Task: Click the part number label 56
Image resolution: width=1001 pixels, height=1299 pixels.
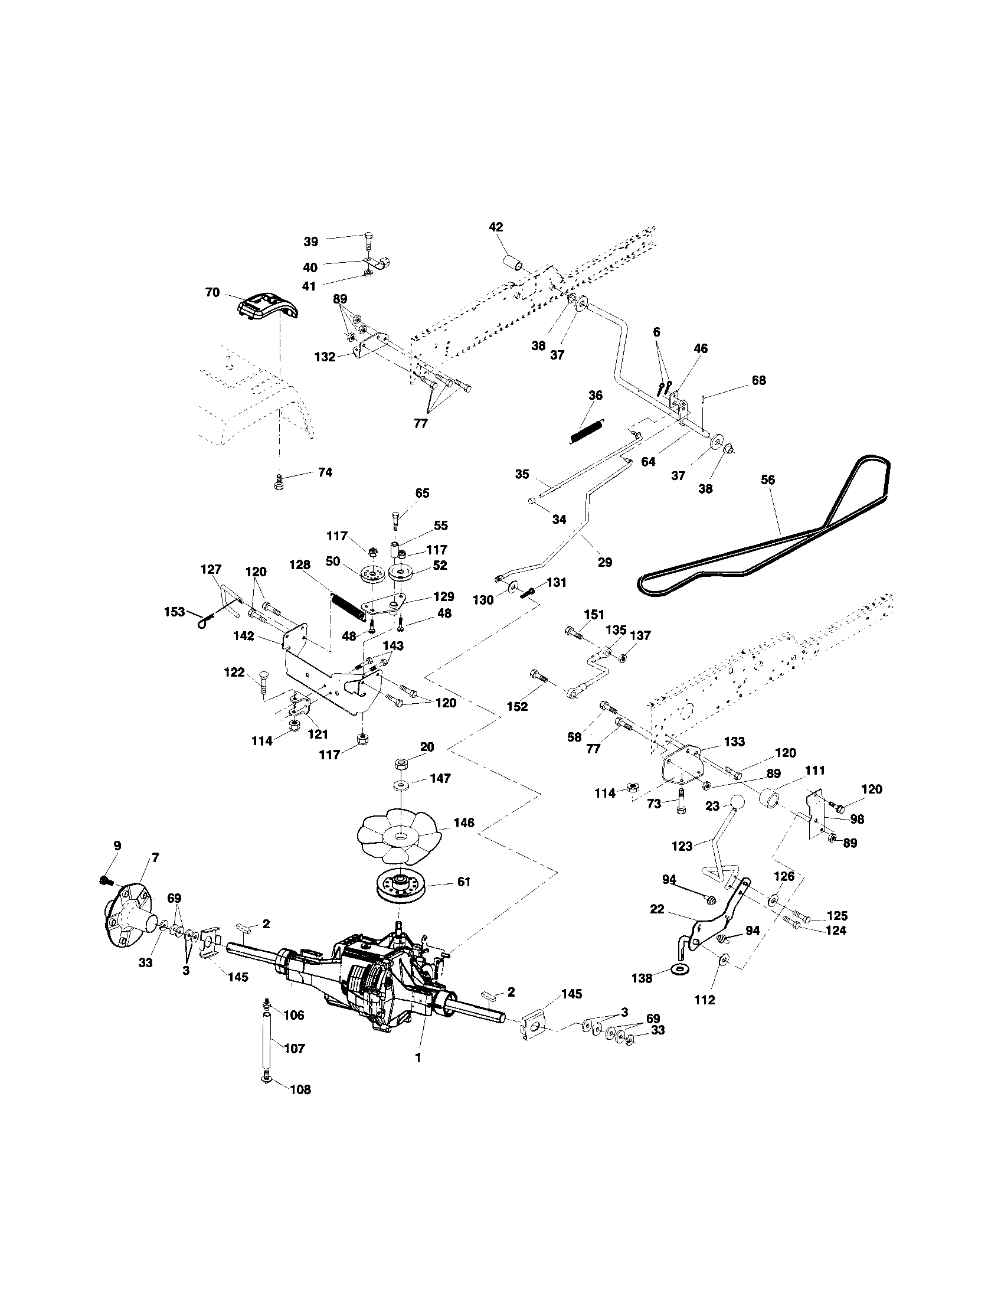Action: pos(767,480)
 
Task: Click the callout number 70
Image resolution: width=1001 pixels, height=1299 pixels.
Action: pos(212,293)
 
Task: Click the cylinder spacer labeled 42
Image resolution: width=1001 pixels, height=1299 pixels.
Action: pos(514,263)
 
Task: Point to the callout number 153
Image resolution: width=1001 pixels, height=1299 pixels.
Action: pos(174,612)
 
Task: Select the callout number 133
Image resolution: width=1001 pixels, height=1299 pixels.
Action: pos(734,742)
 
